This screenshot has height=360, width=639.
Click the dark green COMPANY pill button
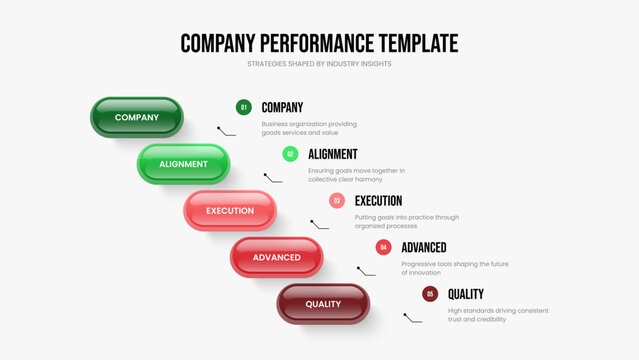(x=137, y=117)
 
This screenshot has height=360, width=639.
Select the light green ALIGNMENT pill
(x=183, y=164)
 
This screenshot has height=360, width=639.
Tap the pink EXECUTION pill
(x=230, y=211)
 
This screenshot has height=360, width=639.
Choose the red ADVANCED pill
(x=277, y=257)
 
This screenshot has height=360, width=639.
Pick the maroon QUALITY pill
(x=323, y=304)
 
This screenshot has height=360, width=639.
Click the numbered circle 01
(x=243, y=107)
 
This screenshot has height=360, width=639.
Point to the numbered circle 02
(x=290, y=154)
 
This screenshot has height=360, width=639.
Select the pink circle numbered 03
(x=337, y=200)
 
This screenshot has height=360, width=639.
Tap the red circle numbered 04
(x=383, y=247)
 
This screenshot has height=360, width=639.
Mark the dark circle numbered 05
(x=430, y=294)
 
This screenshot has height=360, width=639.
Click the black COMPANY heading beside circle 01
(x=282, y=107)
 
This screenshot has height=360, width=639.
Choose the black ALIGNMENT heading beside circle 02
(x=333, y=154)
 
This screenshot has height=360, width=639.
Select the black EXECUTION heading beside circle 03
(x=378, y=200)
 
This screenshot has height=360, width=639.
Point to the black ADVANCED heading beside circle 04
(x=424, y=247)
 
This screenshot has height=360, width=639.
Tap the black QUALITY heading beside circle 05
(x=466, y=294)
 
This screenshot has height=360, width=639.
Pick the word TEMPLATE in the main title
(x=417, y=43)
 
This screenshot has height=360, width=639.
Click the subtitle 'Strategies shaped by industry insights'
(x=319, y=64)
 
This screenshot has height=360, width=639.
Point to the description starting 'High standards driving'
(x=498, y=315)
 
